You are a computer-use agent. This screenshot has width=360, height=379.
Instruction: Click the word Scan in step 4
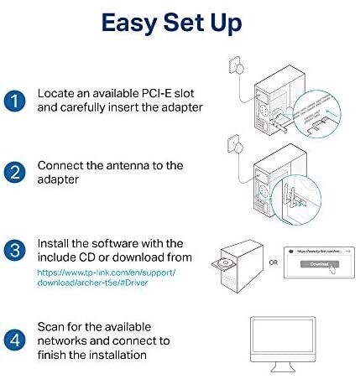(x=54, y=327)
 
